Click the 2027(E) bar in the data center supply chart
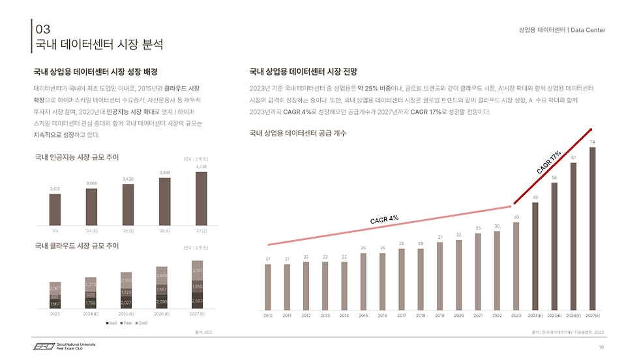[593, 228]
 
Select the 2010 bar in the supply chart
[268, 286]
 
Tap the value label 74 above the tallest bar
[592, 142]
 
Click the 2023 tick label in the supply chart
[516, 315]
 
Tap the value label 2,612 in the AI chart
[55, 189]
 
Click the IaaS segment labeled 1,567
[55, 303]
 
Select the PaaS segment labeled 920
[91, 294]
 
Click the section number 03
[42, 29]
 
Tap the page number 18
[601, 347]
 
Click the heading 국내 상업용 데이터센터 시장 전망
[305, 72]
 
